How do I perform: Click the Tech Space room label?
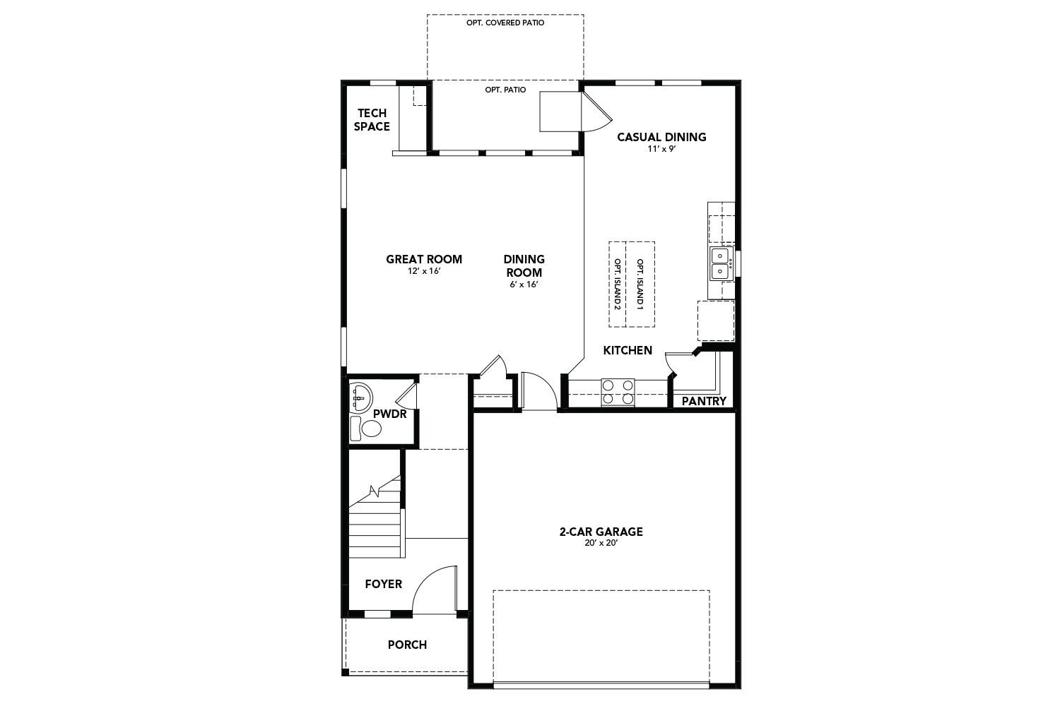pos(372,120)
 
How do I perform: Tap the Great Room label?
pos(424,259)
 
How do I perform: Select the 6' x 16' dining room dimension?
pos(524,285)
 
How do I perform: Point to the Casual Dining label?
pos(661,137)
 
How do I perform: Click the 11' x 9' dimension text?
pos(661,150)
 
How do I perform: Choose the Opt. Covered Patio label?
pos(505,23)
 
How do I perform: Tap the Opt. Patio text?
pos(505,90)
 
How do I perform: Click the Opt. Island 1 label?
pos(640,285)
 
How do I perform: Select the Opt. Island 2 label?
pos(617,285)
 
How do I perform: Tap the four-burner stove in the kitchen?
pos(618,392)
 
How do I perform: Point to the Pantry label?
pos(704,401)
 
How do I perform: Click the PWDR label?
pos(390,414)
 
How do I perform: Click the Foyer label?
pos(383,584)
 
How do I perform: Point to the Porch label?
pos(407,645)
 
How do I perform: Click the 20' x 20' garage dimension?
pos(601,544)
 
